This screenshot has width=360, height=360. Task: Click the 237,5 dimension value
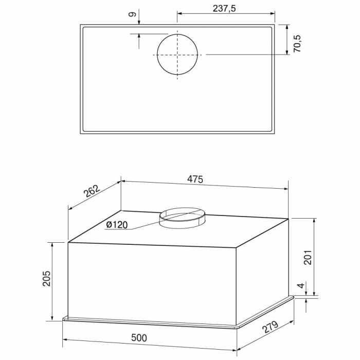[224, 9]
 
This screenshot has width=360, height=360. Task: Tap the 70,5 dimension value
[298, 44]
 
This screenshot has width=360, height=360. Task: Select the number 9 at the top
[133, 14]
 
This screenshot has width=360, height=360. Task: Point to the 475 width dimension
[195, 179]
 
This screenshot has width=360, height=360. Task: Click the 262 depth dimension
[92, 191]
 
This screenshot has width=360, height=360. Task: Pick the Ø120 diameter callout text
[117, 225]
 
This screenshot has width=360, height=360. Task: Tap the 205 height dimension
[46, 279]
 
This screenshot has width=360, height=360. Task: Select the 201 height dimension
[308, 257]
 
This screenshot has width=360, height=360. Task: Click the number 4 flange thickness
[301, 285]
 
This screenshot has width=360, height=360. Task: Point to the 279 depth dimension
[271, 327]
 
